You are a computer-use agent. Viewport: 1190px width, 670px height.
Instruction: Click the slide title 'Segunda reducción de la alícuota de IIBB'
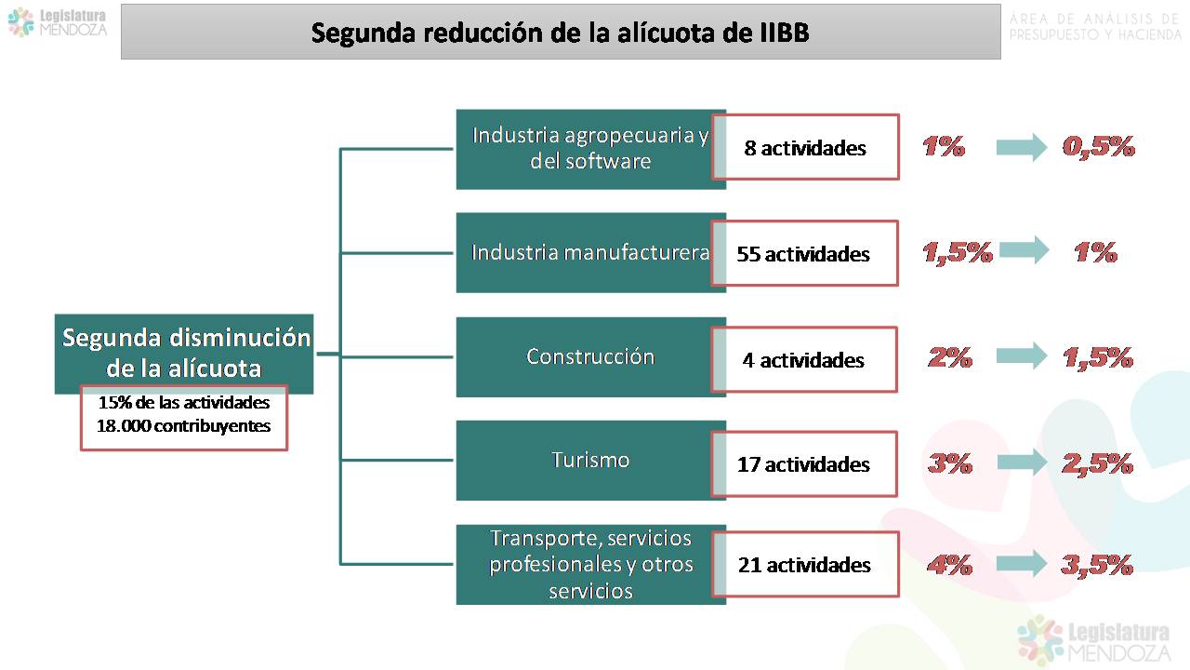[x=560, y=33]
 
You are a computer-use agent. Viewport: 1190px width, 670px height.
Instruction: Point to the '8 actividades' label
[x=805, y=148]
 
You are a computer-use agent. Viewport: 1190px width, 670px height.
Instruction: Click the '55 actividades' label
[x=803, y=254]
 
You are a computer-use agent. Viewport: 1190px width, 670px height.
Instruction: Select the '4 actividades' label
[x=803, y=360]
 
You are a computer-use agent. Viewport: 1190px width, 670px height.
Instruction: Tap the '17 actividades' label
[x=803, y=464]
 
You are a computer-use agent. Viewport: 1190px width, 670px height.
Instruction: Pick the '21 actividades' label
[x=804, y=565]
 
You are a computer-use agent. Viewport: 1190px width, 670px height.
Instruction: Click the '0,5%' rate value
[x=1099, y=147]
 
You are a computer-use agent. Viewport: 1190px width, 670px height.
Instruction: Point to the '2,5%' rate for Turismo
[x=1098, y=463]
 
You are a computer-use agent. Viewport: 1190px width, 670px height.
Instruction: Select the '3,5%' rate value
[x=1097, y=565]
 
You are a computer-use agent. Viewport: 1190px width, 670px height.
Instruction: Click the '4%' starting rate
[x=949, y=565]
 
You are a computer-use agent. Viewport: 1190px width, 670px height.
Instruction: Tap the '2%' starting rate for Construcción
[x=950, y=357]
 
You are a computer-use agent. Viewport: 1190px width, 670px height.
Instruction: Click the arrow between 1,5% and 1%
[x=1025, y=250]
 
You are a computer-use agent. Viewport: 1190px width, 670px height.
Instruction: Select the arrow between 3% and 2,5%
[x=1022, y=462]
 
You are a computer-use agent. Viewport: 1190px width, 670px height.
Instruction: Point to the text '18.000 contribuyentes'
[x=184, y=426]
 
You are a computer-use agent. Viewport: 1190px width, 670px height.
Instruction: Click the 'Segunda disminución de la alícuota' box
[x=184, y=354]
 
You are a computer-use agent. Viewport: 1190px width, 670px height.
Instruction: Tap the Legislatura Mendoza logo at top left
[x=58, y=23]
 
